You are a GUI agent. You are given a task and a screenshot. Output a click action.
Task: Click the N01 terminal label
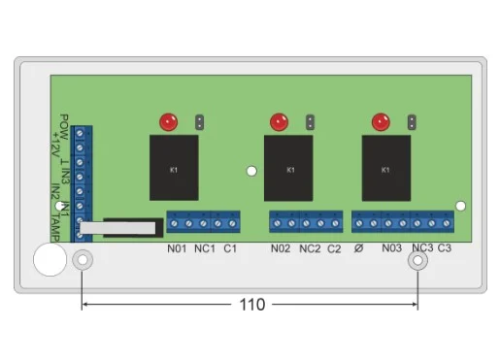pyautogui.click(x=177, y=248)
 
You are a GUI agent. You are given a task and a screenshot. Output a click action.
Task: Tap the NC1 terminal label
pyautogui.click(x=205, y=248)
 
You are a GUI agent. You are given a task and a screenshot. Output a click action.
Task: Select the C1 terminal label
pyautogui.click(x=230, y=248)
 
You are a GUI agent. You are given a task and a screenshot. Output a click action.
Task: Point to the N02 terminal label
pyautogui.click(x=281, y=248)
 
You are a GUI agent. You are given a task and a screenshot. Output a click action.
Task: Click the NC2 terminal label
pyautogui.click(x=310, y=248)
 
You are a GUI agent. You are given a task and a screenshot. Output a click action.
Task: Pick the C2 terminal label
pyautogui.click(x=334, y=248)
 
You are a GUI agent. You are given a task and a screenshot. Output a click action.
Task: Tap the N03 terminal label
pyautogui.click(x=391, y=248)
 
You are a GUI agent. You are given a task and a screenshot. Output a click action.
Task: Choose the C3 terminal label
pyautogui.click(x=445, y=248)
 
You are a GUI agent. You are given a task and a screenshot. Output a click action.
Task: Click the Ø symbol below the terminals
pyautogui.click(x=358, y=248)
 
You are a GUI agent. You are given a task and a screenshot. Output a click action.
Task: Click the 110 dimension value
pyautogui.click(x=252, y=305)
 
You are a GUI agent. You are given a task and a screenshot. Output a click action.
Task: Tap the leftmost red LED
pyautogui.click(x=169, y=122)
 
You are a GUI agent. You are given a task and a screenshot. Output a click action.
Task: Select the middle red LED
pyautogui.click(x=279, y=122)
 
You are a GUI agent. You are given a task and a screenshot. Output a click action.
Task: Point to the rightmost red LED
pyautogui.click(x=381, y=122)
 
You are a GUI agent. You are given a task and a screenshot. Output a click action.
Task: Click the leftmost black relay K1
pyautogui.click(x=174, y=168)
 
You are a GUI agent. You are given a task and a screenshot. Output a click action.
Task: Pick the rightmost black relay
pyautogui.click(x=386, y=168)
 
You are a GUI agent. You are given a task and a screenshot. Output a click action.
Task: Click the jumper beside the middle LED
pyautogui.click(x=310, y=122)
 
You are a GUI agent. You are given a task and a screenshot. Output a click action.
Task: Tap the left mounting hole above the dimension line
pyautogui.click(x=83, y=260)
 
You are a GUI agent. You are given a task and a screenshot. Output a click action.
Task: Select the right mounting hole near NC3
pyautogui.click(x=417, y=260)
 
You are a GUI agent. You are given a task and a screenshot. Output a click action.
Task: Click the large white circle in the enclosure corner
pyautogui.click(x=50, y=259)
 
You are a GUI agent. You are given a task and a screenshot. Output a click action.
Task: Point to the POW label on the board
pyautogui.click(x=64, y=127)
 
